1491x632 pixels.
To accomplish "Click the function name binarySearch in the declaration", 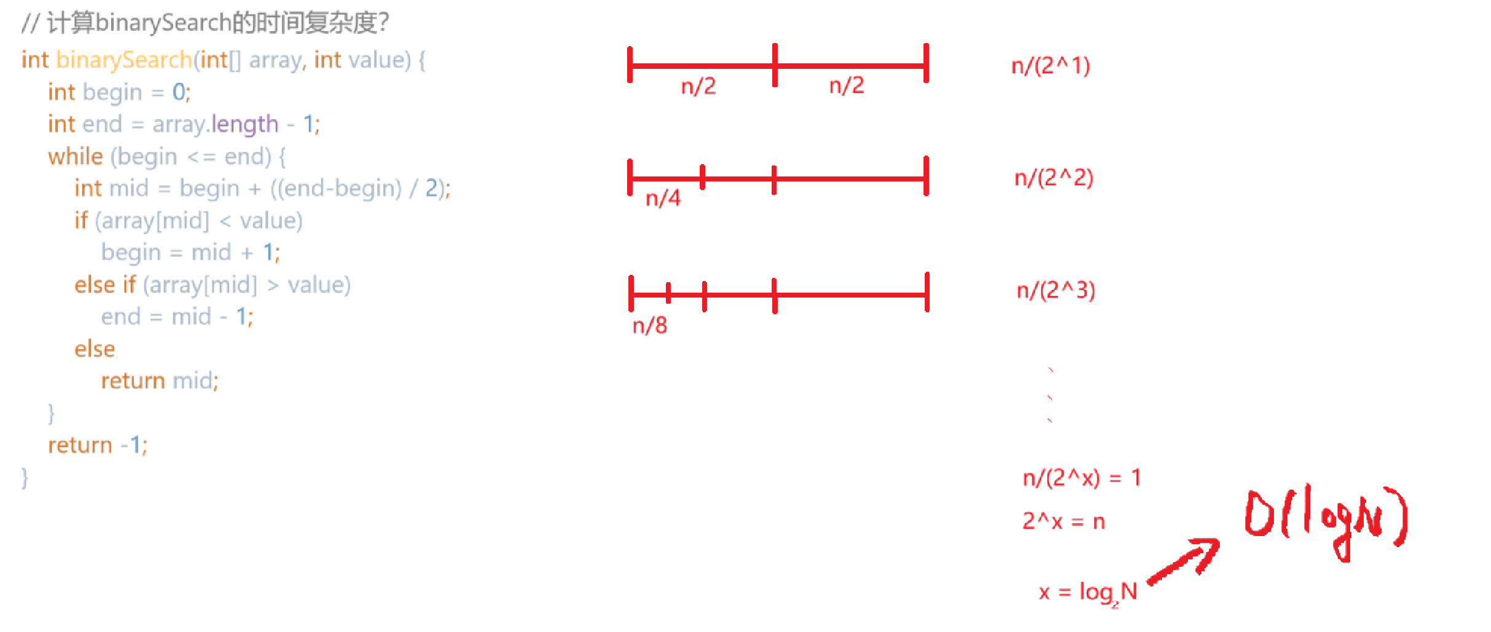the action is coord(124,60).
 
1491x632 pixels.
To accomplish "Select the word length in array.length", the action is coord(245,124).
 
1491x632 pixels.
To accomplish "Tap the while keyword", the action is coord(75,157).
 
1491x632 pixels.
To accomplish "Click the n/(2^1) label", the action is coord(1051,65).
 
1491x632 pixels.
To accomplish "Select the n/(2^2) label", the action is coord(1054,178).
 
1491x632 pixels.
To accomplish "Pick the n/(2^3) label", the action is coord(1056,290).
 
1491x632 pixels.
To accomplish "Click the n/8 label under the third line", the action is coord(650,325).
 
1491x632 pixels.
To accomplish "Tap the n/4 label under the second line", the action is coord(663,198).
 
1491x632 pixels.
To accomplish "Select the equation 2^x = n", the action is coord(1063,521).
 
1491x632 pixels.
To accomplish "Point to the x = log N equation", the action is coord(1088,592).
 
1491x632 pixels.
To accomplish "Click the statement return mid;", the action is coord(159,381).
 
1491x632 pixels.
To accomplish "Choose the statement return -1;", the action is coord(98,445).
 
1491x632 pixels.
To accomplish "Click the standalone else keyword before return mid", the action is coord(95,349).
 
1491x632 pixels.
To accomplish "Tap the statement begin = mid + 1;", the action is coord(191,253).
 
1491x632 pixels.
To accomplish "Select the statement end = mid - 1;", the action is coord(177,317).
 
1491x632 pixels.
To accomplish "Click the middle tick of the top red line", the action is coord(775,65).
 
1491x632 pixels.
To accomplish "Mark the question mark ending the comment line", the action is coord(384,23).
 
